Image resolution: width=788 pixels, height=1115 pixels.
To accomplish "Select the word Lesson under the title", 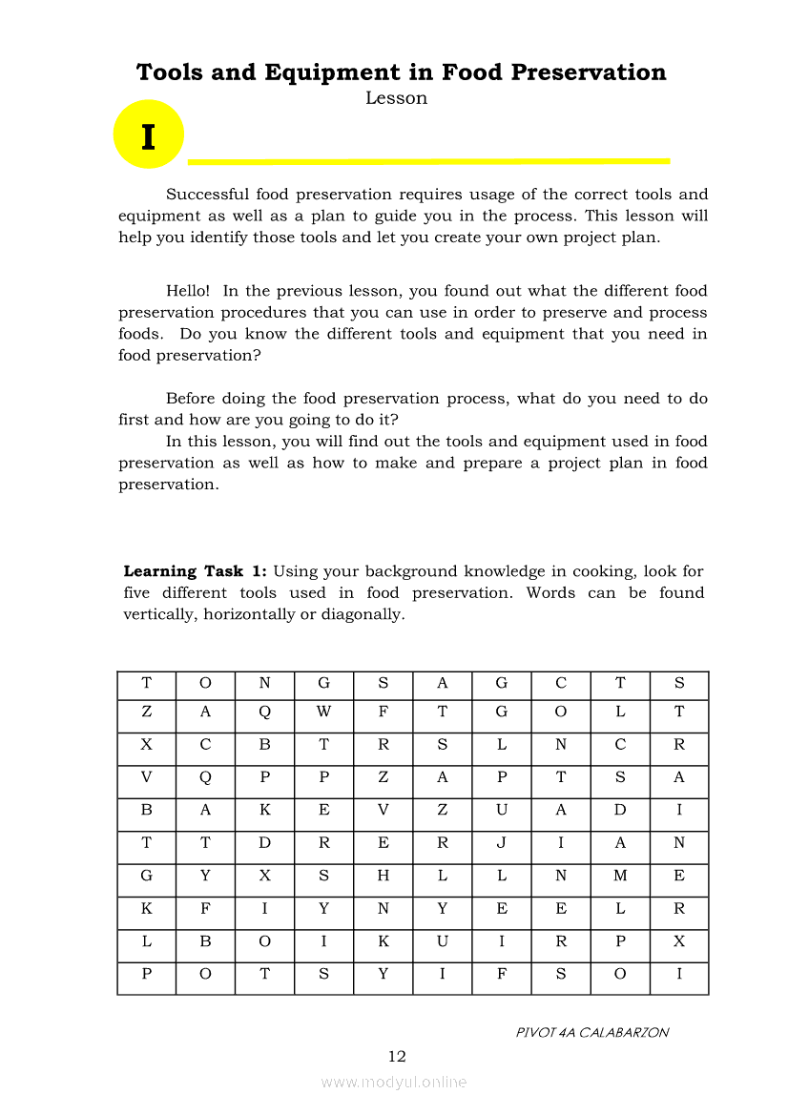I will point(396,98).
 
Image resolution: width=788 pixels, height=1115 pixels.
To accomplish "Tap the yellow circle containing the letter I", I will point(148,134).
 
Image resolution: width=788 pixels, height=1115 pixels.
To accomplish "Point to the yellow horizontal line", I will point(429,161).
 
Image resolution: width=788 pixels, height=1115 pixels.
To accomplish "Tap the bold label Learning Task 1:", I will point(196,571).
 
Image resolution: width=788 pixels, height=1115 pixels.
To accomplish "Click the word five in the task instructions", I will point(142,592).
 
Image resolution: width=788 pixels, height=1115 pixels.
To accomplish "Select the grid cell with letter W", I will point(323,712).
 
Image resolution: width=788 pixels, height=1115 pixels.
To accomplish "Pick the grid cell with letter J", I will point(501,843).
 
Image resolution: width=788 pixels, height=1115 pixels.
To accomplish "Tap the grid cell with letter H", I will point(383,876).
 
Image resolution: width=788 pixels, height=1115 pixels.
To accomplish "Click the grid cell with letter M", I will point(620,876).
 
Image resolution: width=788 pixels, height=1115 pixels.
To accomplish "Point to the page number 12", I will point(397,1056).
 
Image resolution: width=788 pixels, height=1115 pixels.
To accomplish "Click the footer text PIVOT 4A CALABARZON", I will point(592,1032).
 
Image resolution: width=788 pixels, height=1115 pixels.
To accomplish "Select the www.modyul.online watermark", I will point(394,1082).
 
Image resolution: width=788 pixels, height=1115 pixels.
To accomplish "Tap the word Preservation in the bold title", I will point(587,73).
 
